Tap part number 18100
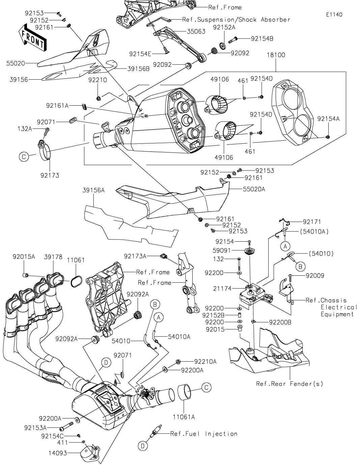(276, 55)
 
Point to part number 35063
(196, 32)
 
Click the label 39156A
(93, 191)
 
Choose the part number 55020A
(254, 190)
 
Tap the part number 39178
(53, 257)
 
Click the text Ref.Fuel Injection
(203, 434)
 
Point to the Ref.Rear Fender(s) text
(289, 384)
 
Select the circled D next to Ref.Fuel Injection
(142, 446)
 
